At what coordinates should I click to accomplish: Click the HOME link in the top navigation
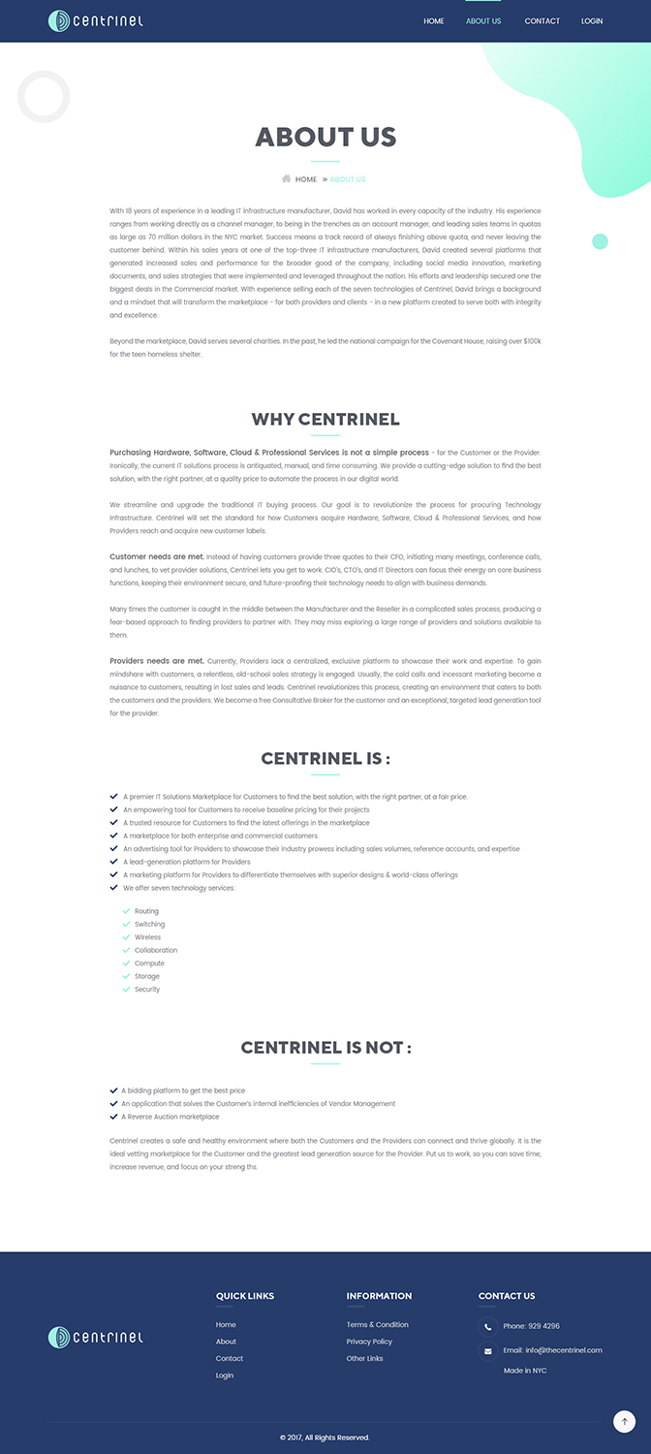tap(433, 21)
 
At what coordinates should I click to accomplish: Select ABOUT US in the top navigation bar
tap(483, 21)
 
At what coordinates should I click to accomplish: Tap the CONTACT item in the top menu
tap(542, 21)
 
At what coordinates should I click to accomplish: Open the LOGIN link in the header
tap(592, 21)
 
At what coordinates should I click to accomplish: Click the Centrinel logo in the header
tap(96, 20)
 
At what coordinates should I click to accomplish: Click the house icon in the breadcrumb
tap(287, 179)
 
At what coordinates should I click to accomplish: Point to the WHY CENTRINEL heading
tap(325, 420)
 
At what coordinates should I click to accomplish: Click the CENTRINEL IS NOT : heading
tap(325, 1048)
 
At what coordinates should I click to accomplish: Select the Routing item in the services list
tap(146, 911)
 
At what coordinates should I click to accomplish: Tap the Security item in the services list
tap(147, 990)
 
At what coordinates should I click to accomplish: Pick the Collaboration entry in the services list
tap(156, 950)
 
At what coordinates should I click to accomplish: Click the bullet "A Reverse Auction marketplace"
tap(170, 1117)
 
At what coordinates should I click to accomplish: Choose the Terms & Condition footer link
tap(377, 1325)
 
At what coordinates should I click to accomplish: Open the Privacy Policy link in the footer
tap(369, 1342)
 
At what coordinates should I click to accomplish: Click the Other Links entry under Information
tap(364, 1358)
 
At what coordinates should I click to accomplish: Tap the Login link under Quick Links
tap(225, 1375)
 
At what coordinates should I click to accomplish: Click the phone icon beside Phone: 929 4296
tap(487, 1326)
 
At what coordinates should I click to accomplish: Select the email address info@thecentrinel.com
tap(564, 1350)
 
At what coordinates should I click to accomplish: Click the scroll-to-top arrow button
tap(624, 1422)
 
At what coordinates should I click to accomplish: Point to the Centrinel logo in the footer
tap(96, 1338)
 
